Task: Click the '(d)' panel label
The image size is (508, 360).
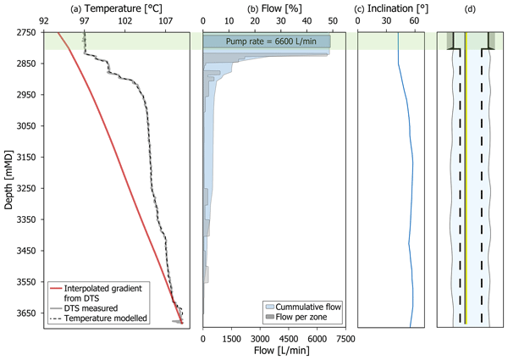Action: click(x=467, y=8)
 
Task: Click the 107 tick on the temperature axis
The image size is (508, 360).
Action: click(x=165, y=20)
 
